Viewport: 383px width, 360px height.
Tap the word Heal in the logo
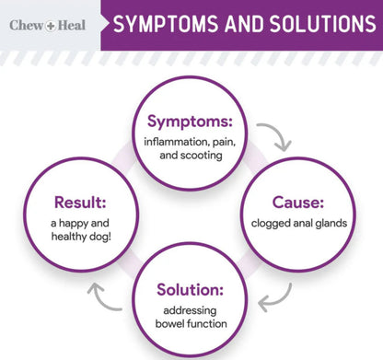point(70,25)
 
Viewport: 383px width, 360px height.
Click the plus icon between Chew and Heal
point(48,25)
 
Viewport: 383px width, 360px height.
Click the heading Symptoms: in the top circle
point(191,122)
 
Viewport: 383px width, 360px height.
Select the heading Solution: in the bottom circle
point(191,288)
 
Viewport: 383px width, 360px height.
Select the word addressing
point(191,310)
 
